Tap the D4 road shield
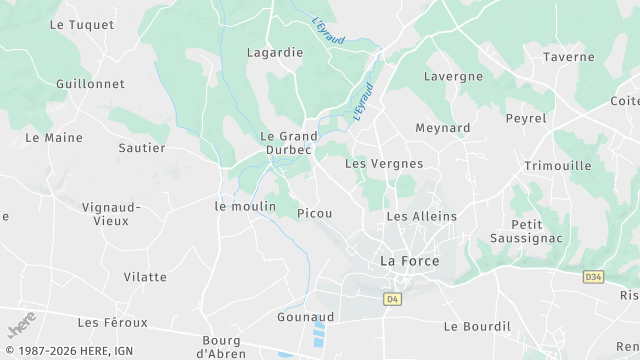click(x=391, y=298)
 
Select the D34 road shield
click(x=594, y=274)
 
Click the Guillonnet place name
click(x=90, y=84)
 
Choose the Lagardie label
click(x=275, y=52)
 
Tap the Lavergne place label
click(x=453, y=76)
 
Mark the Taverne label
click(x=569, y=57)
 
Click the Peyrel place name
click(x=526, y=118)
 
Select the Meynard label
click(x=443, y=128)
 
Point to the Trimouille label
click(x=558, y=166)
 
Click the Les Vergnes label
click(x=384, y=163)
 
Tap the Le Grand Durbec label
click(x=289, y=143)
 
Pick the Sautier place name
click(x=142, y=147)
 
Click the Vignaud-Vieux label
click(x=112, y=213)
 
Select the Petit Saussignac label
click(x=527, y=231)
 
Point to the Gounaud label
click(x=305, y=317)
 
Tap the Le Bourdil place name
click(x=477, y=326)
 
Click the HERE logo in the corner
click(x=21, y=326)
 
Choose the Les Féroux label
click(x=112, y=322)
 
